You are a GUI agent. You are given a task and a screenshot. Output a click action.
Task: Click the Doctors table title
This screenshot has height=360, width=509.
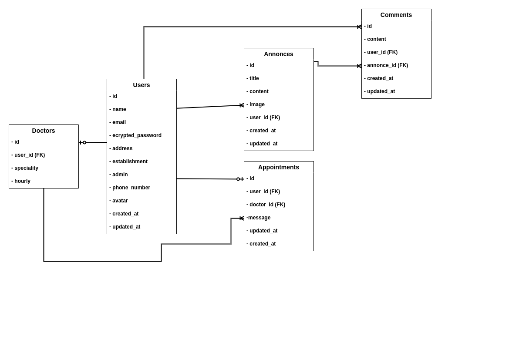pyautogui.click(x=44, y=131)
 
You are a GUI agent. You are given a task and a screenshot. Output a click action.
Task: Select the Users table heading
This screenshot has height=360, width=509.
pyautogui.click(x=142, y=85)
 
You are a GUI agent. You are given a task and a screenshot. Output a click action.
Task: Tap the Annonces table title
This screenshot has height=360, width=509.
pyautogui.click(x=279, y=54)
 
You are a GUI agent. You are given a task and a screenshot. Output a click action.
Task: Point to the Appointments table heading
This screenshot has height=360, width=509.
pyautogui.click(x=279, y=167)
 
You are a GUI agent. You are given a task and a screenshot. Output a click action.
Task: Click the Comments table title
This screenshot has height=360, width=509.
pyautogui.click(x=396, y=15)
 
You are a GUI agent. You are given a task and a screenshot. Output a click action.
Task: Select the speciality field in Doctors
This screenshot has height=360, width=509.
pyautogui.click(x=26, y=168)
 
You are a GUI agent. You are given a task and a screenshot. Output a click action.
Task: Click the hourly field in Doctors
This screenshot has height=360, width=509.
pyautogui.click(x=22, y=181)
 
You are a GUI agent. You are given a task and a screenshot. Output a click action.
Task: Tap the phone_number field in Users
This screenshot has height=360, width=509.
pyautogui.click(x=131, y=188)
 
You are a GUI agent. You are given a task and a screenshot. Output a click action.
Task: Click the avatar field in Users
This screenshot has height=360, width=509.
pyautogui.click(x=120, y=201)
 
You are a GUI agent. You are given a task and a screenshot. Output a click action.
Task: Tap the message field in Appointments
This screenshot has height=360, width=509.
pyautogui.click(x=260, y=218)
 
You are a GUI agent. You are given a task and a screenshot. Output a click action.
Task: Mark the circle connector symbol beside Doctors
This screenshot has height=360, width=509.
pyautogui.click(x=84, y=142)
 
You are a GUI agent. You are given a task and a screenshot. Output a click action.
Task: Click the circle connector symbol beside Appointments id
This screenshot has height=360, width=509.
pyautogui.click(x=238, y=179)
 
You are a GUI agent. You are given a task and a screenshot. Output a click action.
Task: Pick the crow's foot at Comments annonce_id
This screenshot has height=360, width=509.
pyautogui.click(x=359, y=66)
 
